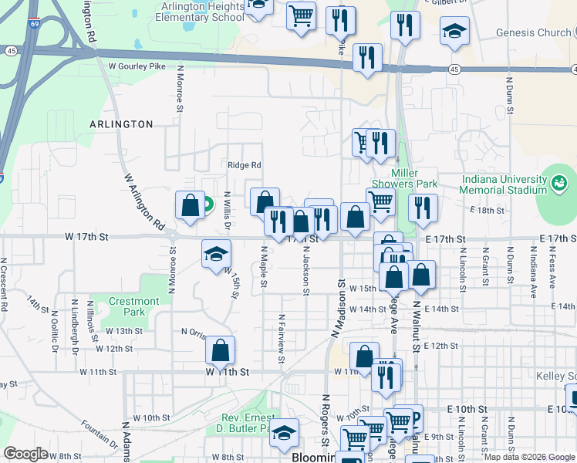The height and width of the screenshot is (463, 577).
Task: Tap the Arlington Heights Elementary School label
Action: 199,12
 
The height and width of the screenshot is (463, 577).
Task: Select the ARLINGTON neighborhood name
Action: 121,123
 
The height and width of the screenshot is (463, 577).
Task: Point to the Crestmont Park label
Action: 133,307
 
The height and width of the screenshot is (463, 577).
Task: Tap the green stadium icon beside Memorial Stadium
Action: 560,184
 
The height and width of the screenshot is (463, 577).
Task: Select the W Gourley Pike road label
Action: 137,67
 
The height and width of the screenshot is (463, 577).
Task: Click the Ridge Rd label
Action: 244,164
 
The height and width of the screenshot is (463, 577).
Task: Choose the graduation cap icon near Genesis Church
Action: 454,31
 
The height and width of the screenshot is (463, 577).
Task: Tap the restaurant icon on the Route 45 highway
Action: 367,58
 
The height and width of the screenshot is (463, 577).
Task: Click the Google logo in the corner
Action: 25,454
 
